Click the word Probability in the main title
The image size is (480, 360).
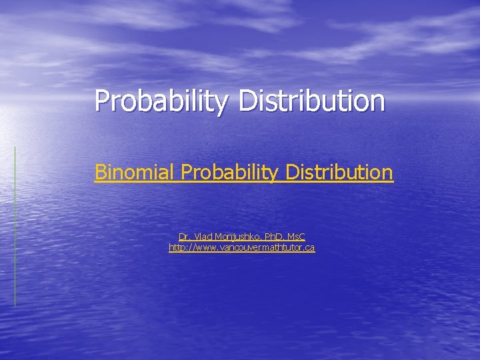[x=162, y=101]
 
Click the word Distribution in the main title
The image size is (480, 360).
[x=311, y=101]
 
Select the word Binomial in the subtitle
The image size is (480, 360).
[x=135, y=172]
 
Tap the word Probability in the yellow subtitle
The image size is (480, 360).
[x=230, y=172]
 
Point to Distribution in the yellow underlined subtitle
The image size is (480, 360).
[x=339, y=172]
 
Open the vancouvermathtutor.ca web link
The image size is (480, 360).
[x=241, y=248]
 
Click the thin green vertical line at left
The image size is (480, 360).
[x=15, y=227]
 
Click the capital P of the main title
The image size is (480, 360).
[x=101, y=101]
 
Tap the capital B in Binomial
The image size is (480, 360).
[x=100, y=172]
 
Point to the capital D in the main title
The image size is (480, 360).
[x=245, y=101]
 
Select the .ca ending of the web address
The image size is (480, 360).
[x=309, y=248]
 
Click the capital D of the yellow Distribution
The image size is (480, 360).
[x=292, y=172]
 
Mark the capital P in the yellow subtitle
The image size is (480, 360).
[x=186, y=172]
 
